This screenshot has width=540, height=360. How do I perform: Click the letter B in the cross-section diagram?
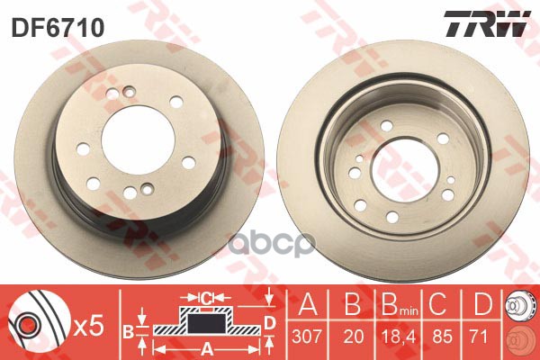tap(127, 331)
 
